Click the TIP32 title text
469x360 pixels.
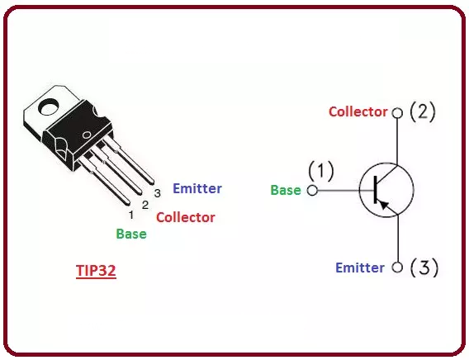[x=96, y=270]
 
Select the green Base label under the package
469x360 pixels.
[x=131, y=234]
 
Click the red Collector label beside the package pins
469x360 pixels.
[x=186, y=217]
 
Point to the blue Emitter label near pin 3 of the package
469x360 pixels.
[x=197, y=188]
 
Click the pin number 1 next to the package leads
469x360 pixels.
[x=131, y=215]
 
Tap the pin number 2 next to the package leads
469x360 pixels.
[x=145, y=205]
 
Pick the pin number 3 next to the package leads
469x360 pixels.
[x=158, y=193]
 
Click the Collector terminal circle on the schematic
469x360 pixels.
[x=397, y=113]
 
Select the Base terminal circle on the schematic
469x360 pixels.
[x=312, y=190]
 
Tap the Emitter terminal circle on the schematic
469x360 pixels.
[x=397, y=267]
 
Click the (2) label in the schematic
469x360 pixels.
[x=423, y=111]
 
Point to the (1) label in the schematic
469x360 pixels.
[x=321, y=171]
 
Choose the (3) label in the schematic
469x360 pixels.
[x=424, y=267]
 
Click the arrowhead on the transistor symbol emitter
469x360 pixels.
[x=384, y=205]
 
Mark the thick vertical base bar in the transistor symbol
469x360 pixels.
[x=376, y=190]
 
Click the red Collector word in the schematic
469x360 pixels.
[x=358, y=111]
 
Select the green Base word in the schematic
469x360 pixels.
[x=286, y=190]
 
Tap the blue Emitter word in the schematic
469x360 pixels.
[x=360, y=268]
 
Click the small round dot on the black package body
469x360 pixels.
[x=87, y=135]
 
